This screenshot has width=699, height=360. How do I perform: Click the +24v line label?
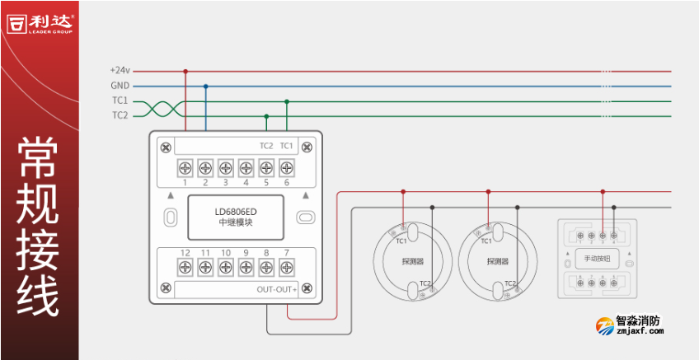120,71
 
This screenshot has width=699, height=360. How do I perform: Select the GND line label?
120,86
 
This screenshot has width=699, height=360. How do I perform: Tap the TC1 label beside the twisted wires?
120,101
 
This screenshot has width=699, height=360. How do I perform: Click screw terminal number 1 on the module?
185,168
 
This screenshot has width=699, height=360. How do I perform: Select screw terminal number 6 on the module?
286,168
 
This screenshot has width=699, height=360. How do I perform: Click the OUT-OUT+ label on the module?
276,289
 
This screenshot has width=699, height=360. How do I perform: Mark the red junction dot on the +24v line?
185,72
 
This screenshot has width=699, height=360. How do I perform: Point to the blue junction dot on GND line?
205,86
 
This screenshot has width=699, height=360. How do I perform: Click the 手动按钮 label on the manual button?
597,259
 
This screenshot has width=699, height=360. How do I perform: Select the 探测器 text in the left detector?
413,262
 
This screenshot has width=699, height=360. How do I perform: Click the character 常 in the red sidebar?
39,157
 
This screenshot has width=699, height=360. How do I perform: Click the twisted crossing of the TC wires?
161,109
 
